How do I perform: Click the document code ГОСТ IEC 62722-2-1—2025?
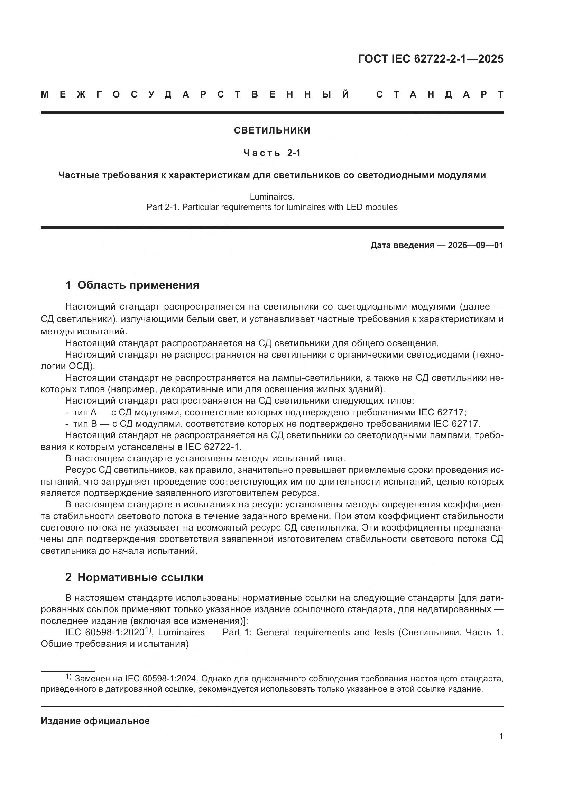point(431,59)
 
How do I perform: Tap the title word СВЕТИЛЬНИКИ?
point(272,130)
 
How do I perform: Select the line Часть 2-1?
point(272,153)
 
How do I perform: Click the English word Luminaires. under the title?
point(272,196)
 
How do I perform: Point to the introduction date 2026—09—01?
point(476,245)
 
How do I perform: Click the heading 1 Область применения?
point(132,285)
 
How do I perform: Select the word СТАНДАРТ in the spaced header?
point(440,94)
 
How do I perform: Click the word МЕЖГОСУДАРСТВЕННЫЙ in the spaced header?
point(195,94)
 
